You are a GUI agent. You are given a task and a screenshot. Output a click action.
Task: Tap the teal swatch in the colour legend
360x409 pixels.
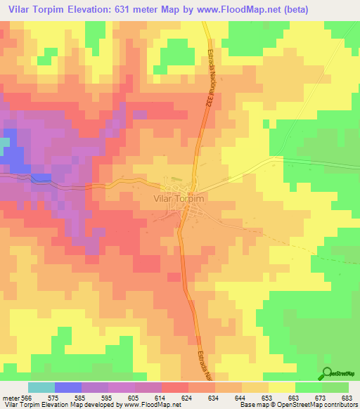tap(41, 387)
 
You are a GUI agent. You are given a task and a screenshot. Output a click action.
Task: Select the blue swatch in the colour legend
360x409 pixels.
tap(68, 387)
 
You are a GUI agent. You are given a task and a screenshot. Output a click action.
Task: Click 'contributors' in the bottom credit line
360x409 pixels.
tap(339, 405)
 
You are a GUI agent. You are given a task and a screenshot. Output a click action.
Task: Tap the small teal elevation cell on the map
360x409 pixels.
tap(5, 143)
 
